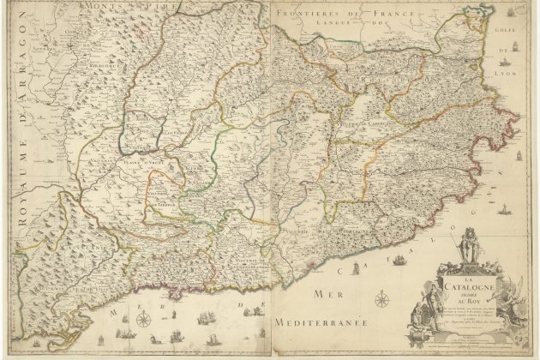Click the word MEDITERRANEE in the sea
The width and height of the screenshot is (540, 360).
tap(322, 323)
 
